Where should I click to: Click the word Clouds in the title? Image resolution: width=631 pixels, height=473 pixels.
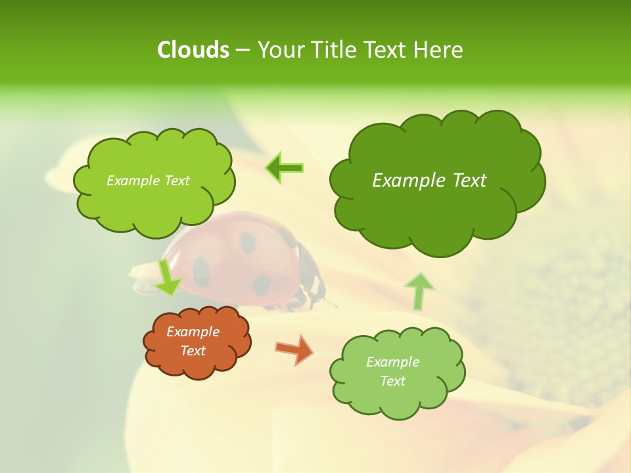pos(193,50)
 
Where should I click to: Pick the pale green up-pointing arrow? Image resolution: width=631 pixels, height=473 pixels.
pos(419,291)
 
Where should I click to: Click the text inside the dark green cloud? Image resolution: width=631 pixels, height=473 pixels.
pos(429,181)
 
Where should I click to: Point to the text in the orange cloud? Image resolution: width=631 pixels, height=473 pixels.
pos(193,342)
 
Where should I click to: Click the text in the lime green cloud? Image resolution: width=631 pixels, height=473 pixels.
pos(148,181)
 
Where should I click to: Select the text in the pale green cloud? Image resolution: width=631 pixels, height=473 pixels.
pos(392,371)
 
